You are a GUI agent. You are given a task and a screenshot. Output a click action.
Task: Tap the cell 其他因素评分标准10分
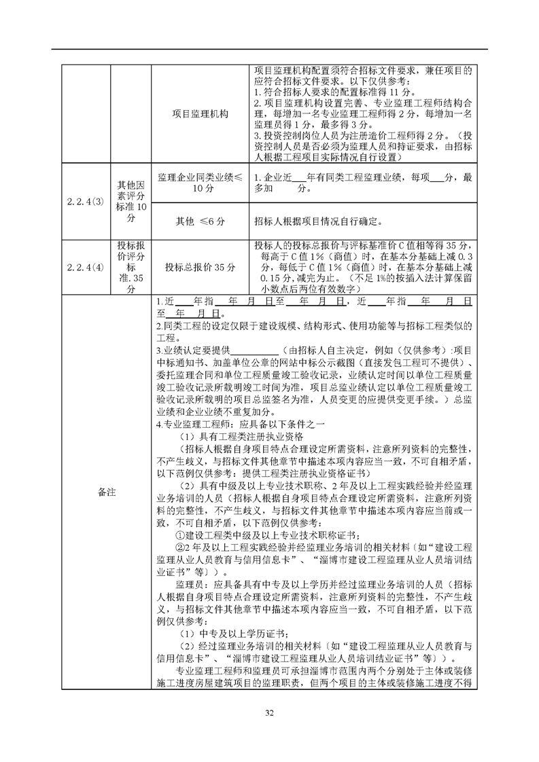(x=131, y=202)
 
